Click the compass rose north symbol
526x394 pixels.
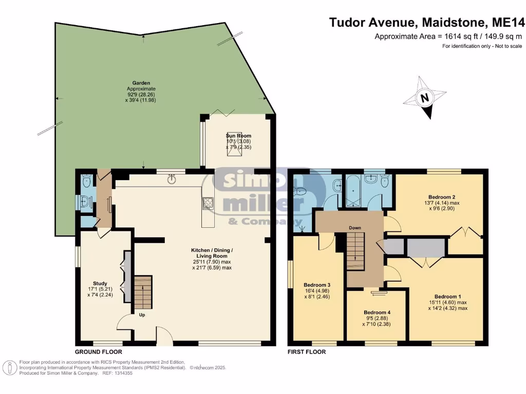[424, 98]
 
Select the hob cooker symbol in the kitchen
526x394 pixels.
[208, 203]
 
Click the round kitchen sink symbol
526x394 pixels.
[172, 179]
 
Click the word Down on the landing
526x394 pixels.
[354, 228]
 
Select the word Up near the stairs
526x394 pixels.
[142, 315]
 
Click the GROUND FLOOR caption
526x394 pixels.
[98, 352]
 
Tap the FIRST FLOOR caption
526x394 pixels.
[307, 352]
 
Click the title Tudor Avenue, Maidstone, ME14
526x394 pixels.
[427, 22]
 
